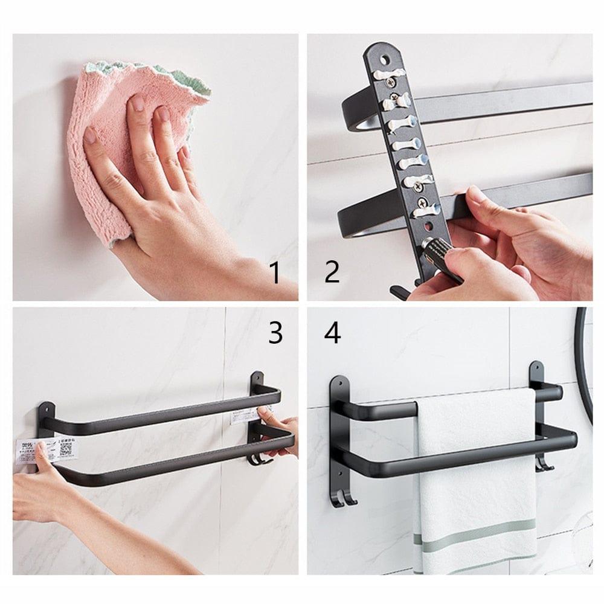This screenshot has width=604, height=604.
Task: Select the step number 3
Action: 275,332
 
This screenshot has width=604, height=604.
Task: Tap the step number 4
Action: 332,332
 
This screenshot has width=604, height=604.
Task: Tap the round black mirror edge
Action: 582,362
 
